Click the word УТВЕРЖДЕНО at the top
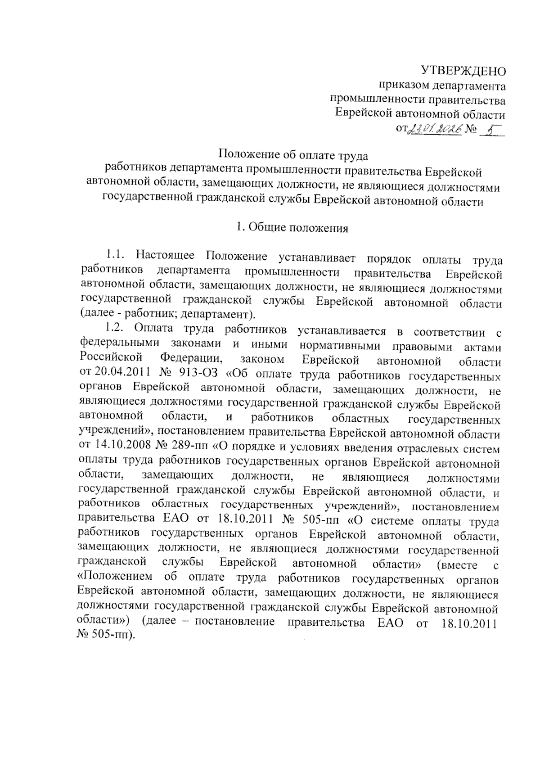[x=463, y=71]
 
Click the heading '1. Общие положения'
[x=292, y=228]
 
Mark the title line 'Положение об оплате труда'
[x=293, y=155]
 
